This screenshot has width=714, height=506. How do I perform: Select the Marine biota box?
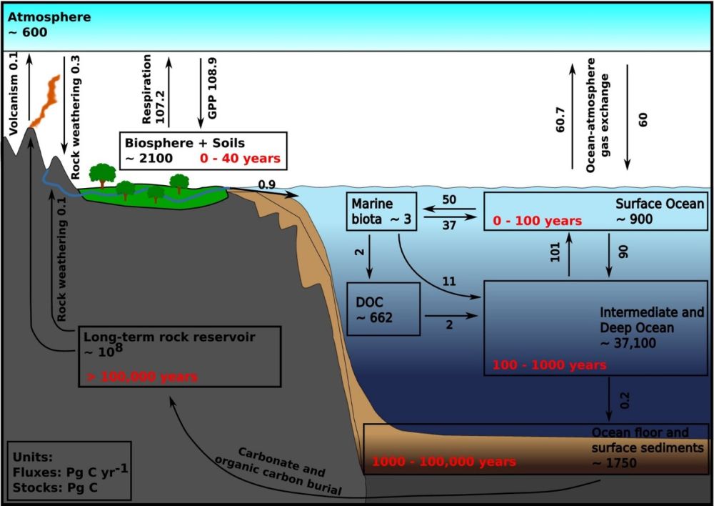[379, 212]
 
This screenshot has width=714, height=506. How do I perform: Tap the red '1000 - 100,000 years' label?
[443, 462]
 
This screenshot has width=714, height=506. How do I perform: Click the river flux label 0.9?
[266, 185]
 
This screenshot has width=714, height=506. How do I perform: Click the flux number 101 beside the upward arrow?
[556, 254]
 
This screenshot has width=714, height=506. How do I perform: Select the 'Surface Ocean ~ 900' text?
[659, 212]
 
